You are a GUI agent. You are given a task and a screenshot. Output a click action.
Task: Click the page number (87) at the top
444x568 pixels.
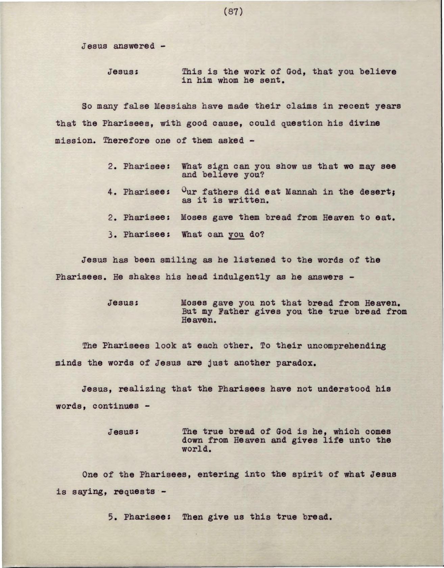(x=233, y=12)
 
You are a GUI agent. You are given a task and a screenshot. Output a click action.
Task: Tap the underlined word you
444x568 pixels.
(x=236, y=234)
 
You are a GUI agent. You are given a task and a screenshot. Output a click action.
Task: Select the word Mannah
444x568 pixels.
(x=301, y=192)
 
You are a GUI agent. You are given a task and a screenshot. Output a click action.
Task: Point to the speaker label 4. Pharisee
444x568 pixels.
(x=138, y=192)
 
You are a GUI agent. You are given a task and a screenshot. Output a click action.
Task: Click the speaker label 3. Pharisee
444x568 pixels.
(x=138, y=234)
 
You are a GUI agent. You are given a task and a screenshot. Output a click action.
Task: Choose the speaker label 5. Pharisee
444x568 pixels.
(x=138, y=517)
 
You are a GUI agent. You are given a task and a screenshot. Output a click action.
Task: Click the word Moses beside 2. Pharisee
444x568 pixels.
(x=194, y=217)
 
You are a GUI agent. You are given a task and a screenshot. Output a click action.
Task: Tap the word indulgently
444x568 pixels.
(x=241, y=277)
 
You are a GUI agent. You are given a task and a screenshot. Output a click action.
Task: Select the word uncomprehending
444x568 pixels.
(x=346, y=346)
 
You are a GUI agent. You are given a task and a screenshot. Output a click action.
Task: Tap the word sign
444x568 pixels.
(x=218, y=166)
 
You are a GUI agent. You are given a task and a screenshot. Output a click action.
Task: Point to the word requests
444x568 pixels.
(x=134, y=491)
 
